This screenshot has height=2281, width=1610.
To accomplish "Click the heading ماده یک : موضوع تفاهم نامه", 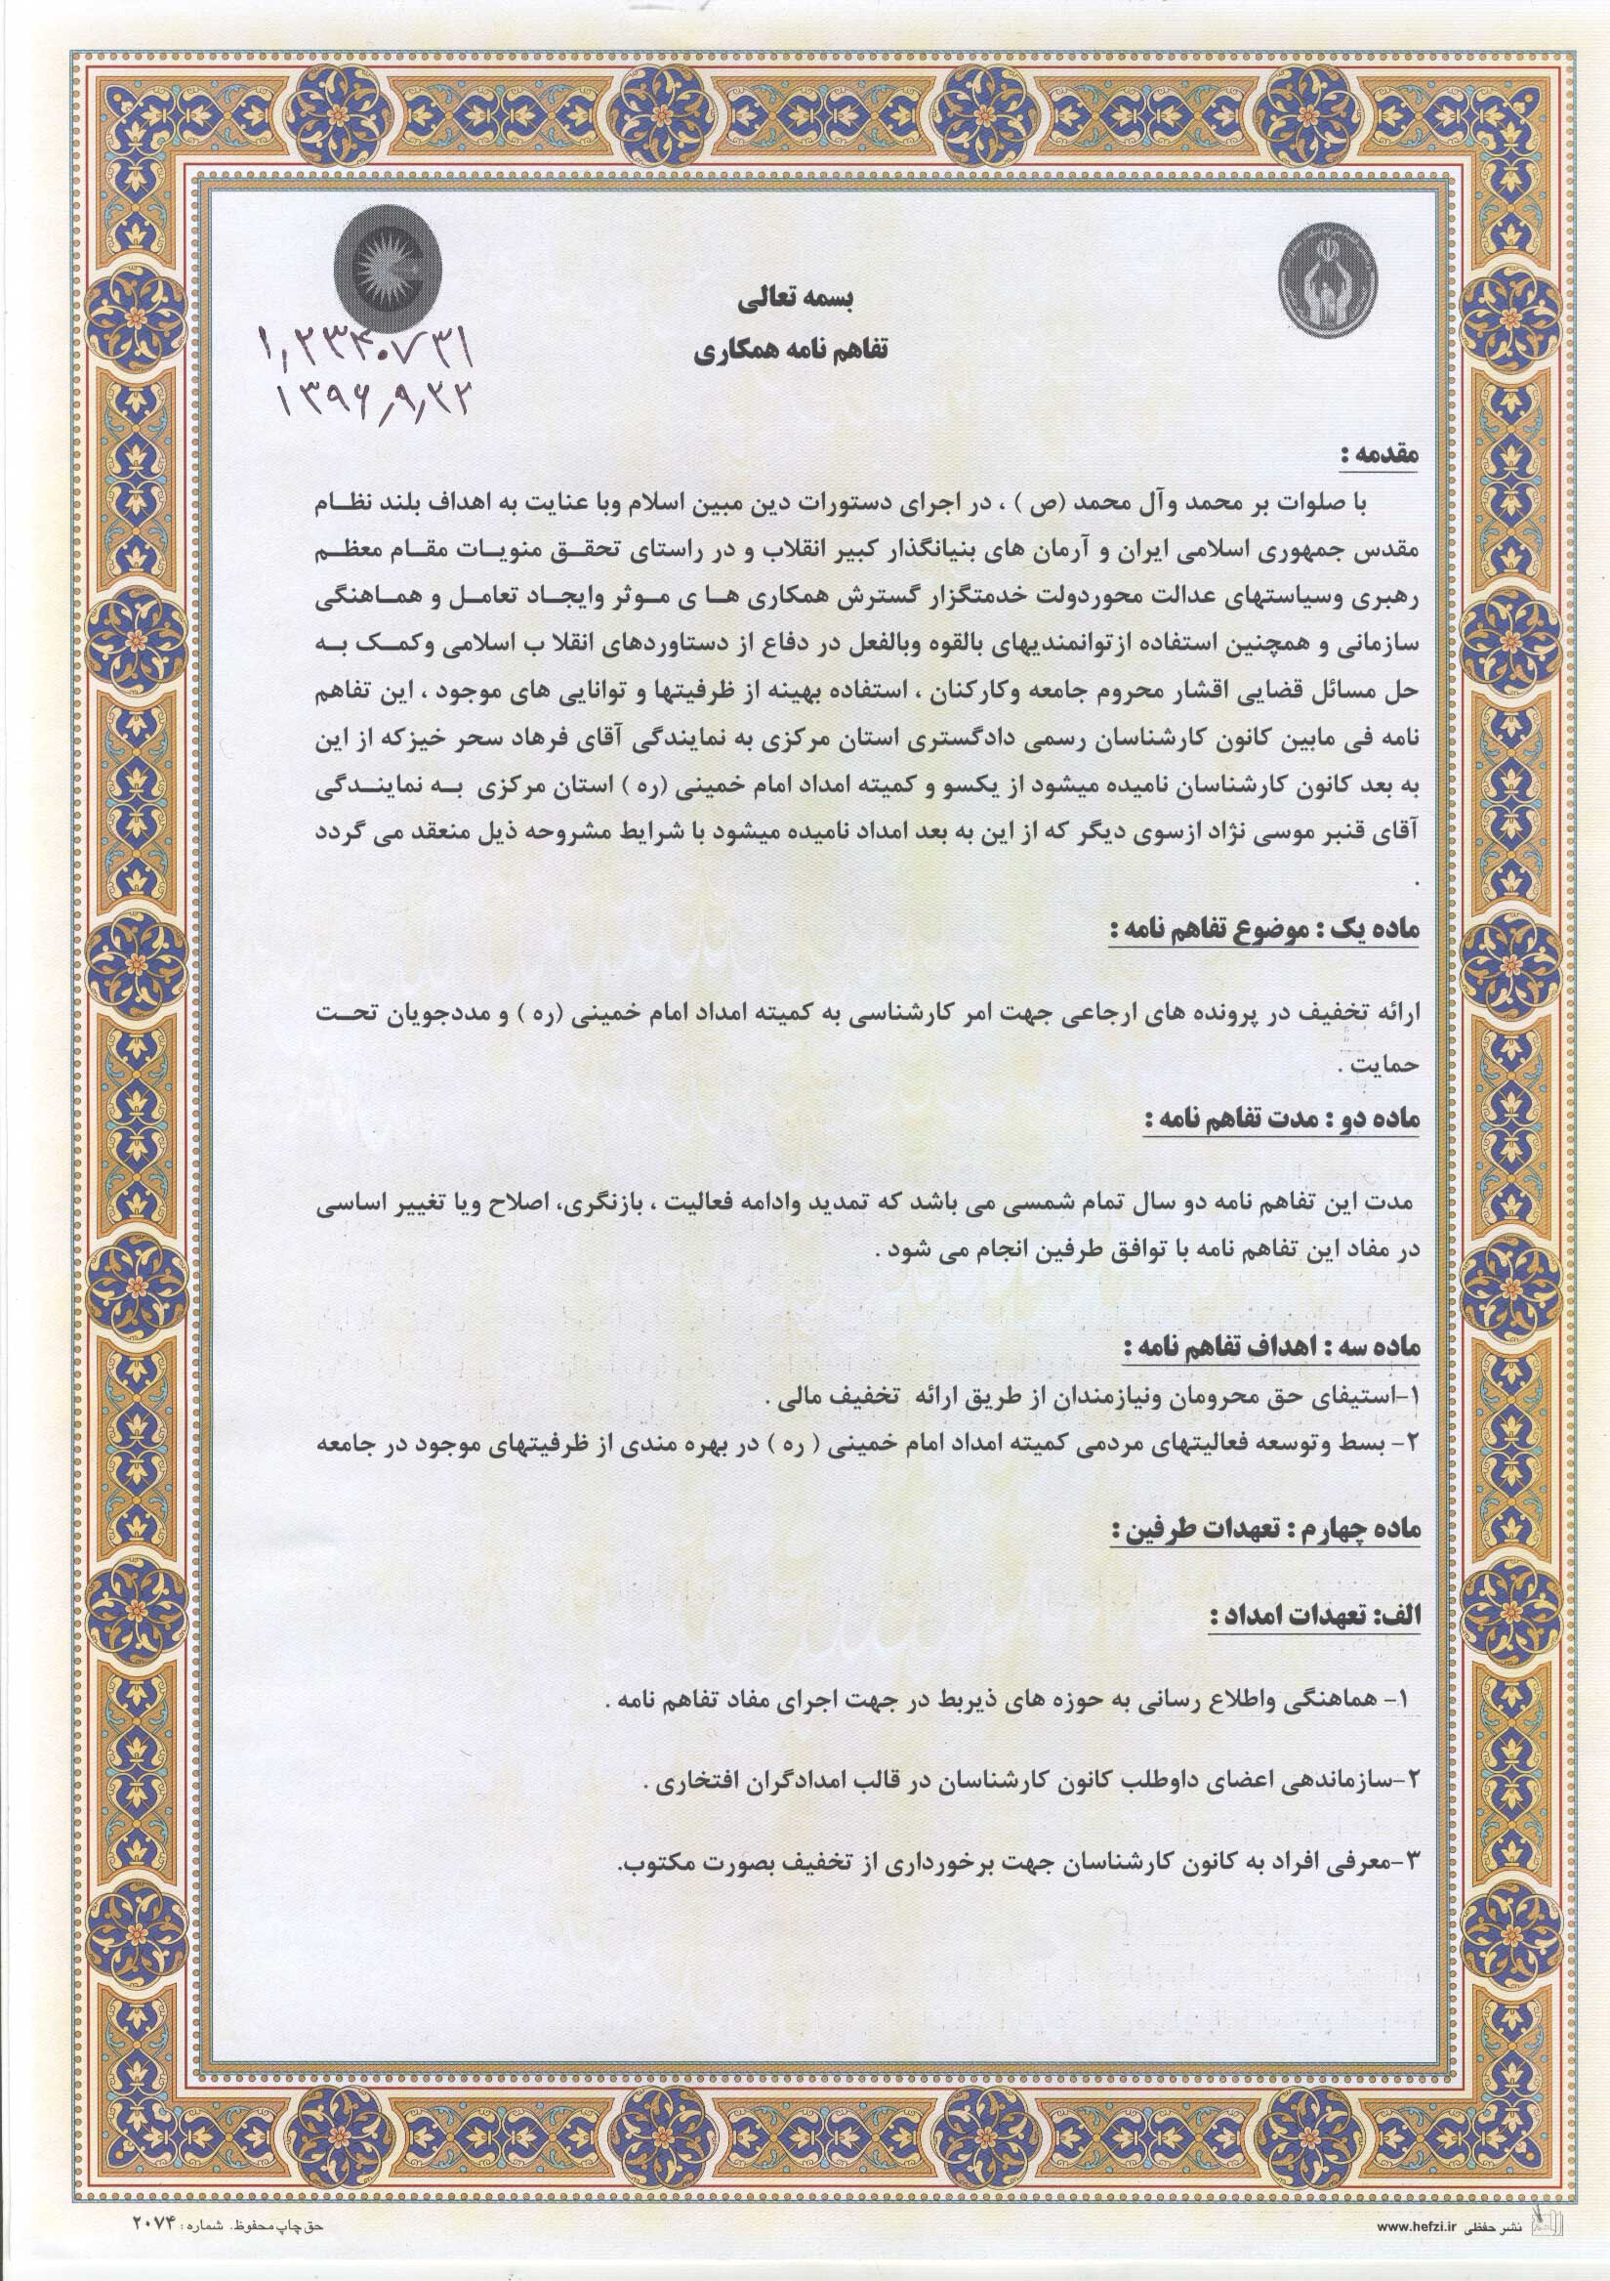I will point(1267,932).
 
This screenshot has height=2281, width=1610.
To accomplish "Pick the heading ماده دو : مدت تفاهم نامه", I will point(1282,1120).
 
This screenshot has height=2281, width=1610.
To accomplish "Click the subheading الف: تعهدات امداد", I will point(1316,1618).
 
